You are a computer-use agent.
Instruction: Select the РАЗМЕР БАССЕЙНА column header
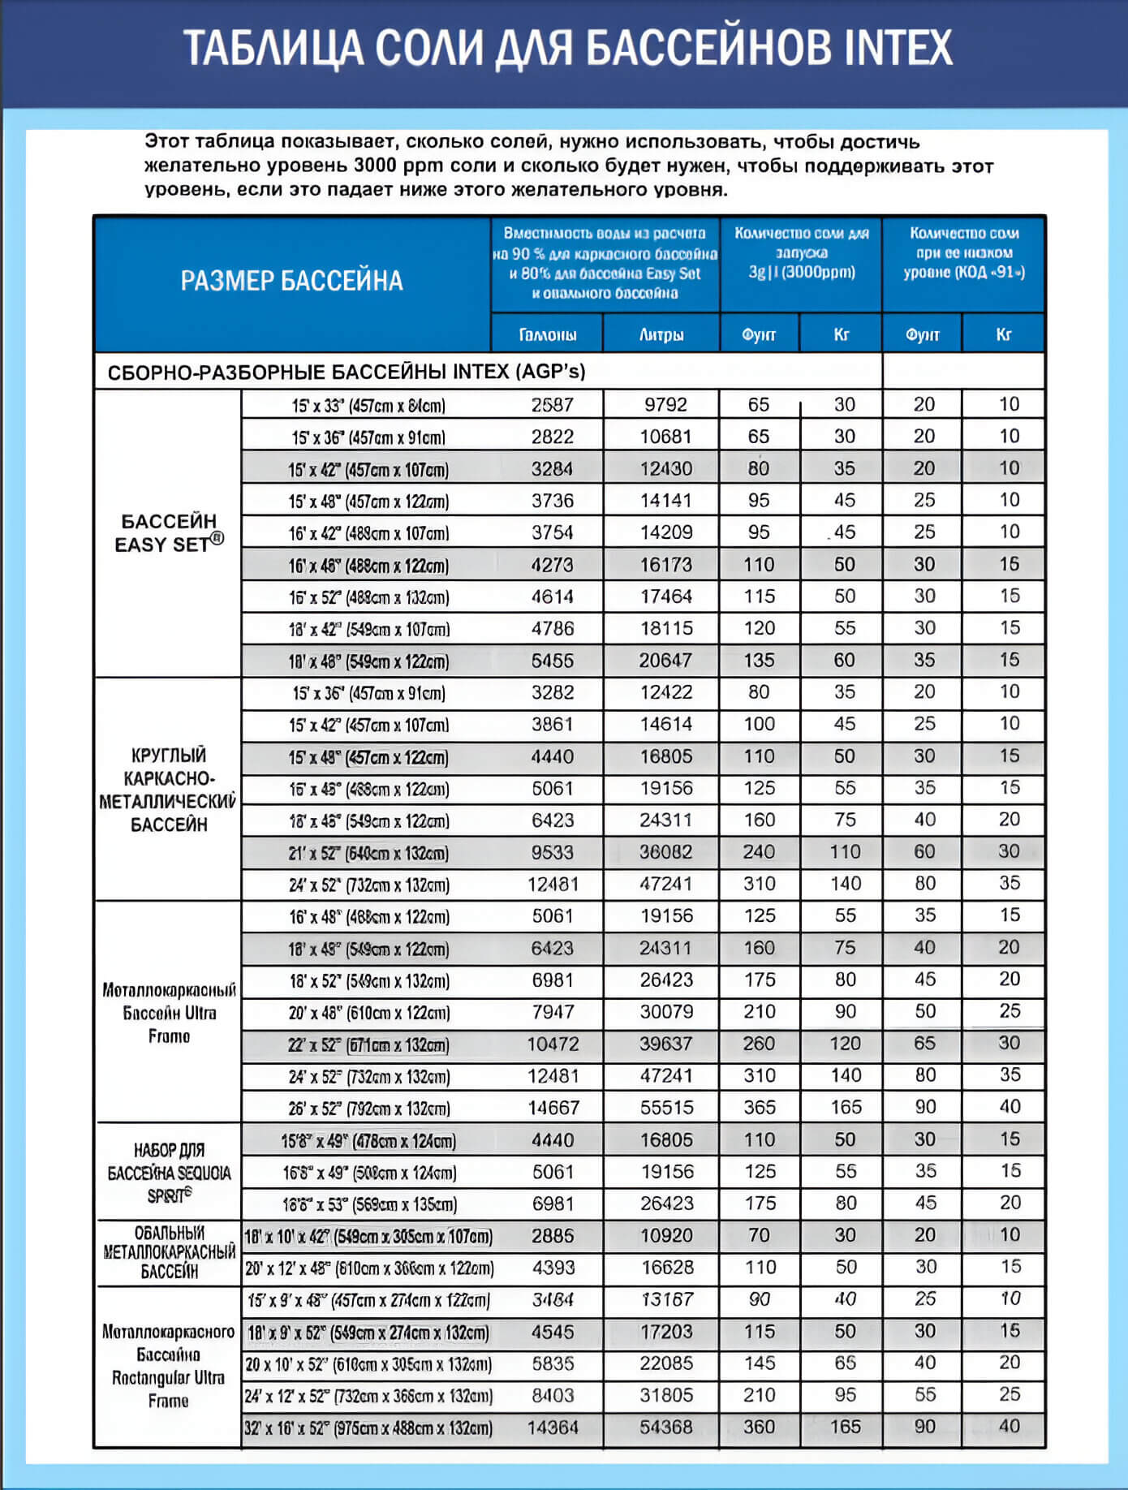pyautogui.click(x=291, y=281)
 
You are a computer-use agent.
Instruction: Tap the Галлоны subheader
pyautogui.click(x=548, y=334)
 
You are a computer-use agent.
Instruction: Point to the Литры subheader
pyautogui.click(x=661, y=334)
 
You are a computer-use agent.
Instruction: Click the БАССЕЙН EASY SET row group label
pyautogui.click(x=169, y=533)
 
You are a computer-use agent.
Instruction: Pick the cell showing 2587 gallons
pyautogui.click(x=553, y=405)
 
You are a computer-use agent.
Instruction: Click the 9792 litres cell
pyautogui.click(x=665, y=405)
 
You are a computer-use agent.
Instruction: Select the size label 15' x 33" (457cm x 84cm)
pyautogui.click(x=368, y=406)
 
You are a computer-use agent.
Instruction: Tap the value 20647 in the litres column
pyautogui.click(x=665, y=661)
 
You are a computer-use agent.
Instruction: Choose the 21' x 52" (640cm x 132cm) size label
pyautogui.click(x=368, y=854)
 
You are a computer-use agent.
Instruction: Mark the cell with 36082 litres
pyautogui.click(x=665, y=852)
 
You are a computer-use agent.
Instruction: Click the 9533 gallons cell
pyautogui.click(x=553, y=853)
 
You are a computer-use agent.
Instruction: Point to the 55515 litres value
pyautogui.click(x=666, y=1108)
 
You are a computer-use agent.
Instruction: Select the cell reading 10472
pyautogui.click(x=553, y=1044)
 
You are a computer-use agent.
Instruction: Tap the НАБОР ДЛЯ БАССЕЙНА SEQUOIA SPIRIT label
pyautogui.click(x=169, y=1173)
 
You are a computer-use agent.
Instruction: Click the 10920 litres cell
pyautogui.click(x=666, y=1236)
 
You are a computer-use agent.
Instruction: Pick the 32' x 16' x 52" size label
pyautogui.click(x=368, y=1428)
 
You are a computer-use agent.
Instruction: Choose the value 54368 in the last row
pyautogui.click(x=666, y=1428)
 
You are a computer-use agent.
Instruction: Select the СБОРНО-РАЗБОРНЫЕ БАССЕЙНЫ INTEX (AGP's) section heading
pyautogui.click(x=347, y=372)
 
